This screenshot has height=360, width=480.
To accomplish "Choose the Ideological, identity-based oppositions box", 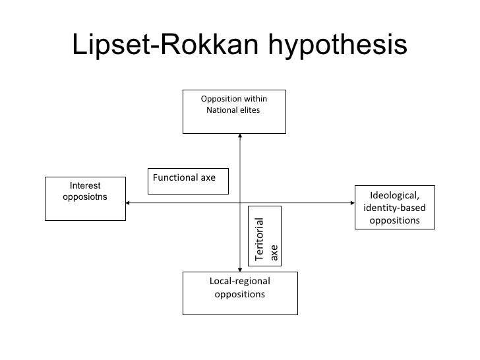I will (395, 207).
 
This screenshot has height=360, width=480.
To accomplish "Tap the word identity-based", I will (394, 208).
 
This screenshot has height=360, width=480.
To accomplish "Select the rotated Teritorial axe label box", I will (264, 236).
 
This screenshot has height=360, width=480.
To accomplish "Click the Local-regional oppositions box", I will (240, 292).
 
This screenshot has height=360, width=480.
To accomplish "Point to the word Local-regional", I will (240, 282).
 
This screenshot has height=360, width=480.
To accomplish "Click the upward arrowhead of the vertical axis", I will (240, 136).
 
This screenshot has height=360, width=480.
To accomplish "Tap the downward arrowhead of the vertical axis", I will (240, 268).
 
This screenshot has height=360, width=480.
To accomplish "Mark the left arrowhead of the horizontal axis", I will (125, 202).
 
